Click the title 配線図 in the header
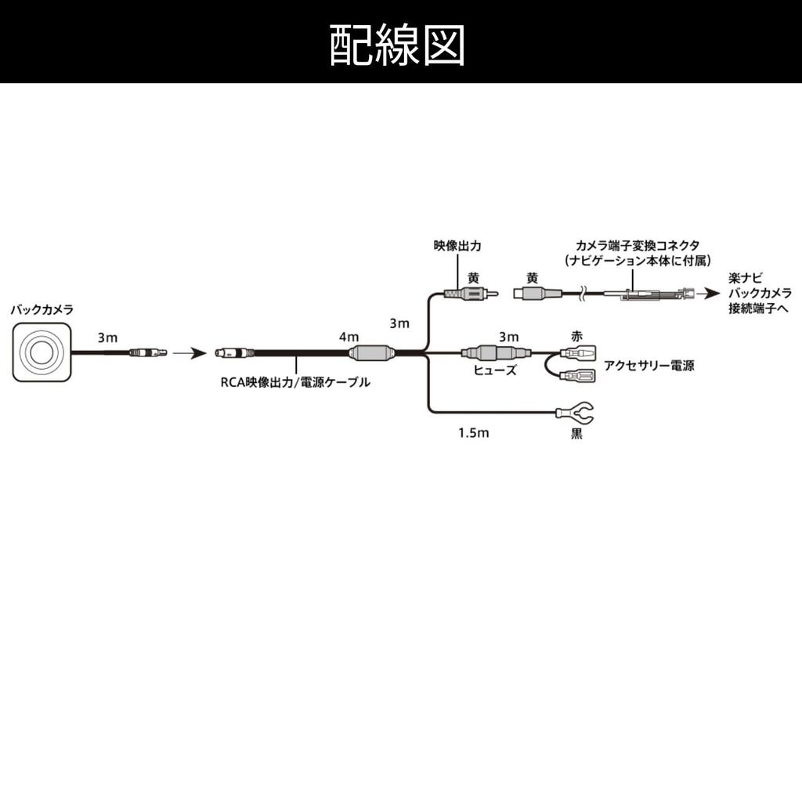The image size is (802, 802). (398, 45)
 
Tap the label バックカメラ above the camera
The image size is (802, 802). (42, 310)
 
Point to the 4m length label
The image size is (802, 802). (349, 336)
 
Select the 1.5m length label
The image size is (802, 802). (473, 432)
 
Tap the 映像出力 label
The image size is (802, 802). (457, 246)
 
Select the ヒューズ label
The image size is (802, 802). (495, 370)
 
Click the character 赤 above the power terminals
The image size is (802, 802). (576, 334)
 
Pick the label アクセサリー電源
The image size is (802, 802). (648, 366)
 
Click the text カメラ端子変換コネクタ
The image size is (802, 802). (638, 246)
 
